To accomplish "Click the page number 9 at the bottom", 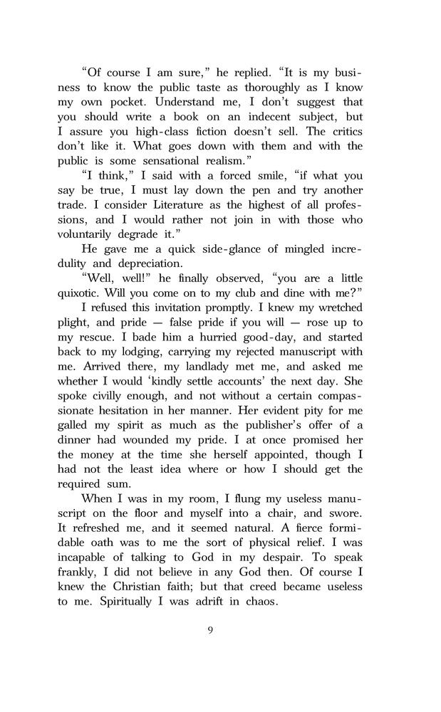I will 211,629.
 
